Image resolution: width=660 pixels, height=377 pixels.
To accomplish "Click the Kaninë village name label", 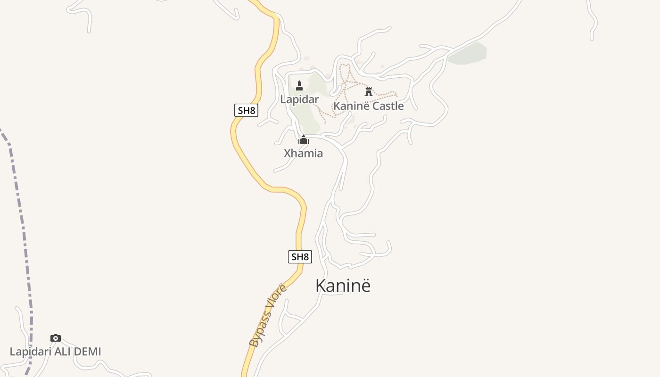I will click(x=343, y=286).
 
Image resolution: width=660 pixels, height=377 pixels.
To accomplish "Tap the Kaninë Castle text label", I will click(x=368, y=106).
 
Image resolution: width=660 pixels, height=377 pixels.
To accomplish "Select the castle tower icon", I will click(x=369, y=91).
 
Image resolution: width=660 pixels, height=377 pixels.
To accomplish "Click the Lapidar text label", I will click(x=299, y=99).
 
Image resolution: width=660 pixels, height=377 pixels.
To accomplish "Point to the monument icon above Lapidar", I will click(x=299, y=85).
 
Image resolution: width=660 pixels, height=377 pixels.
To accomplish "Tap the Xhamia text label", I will click(x=303, y=153).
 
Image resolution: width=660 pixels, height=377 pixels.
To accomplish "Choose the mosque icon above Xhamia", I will click(x=304, y=139).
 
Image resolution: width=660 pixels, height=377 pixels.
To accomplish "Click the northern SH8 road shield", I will click(x=246, y=111).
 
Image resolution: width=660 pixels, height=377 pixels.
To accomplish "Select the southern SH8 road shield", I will click(x=300, y=257).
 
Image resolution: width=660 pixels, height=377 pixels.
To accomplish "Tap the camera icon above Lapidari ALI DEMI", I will click(x=56, y=338).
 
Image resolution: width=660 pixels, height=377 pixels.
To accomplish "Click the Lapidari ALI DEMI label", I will click(x=55, y=352).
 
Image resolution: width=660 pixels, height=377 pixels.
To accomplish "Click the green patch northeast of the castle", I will click(x=468, y=54).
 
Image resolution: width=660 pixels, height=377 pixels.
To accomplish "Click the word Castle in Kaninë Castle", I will click(x=388, y=106).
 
